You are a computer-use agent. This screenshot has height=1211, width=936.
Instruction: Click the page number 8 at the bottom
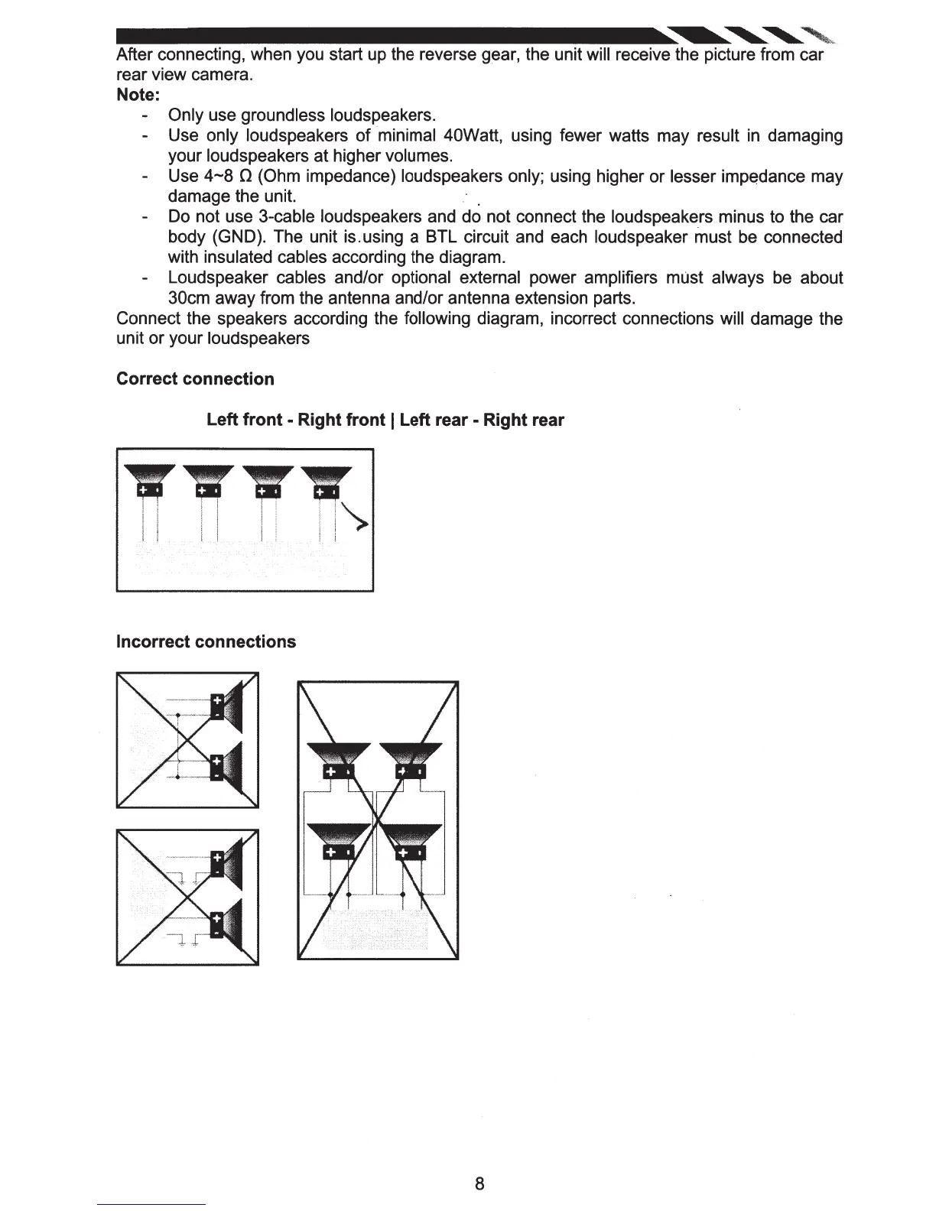(479, 1183)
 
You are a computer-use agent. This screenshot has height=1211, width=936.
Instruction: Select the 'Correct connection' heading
(195, 379)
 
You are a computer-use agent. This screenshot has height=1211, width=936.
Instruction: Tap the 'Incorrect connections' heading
(206, 641)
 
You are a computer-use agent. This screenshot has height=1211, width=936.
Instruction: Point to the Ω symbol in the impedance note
(241, 177)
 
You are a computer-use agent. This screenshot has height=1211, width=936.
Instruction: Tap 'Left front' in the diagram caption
(244, 420)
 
